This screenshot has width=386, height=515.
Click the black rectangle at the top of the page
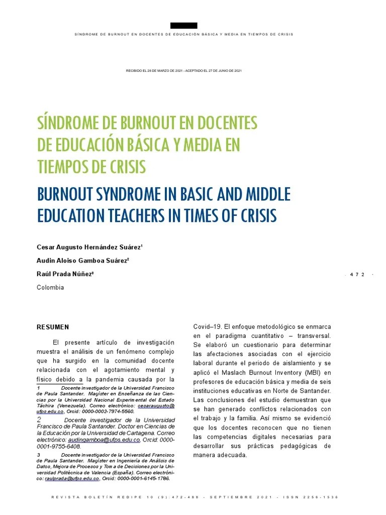(x=183, y=26)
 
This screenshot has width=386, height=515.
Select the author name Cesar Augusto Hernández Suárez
(x=89, y=247)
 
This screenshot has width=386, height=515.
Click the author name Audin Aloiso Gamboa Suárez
(x=82, y=261)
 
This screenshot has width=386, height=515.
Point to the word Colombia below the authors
(x=50, y=287)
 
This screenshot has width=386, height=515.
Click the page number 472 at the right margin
(x=357, y=274)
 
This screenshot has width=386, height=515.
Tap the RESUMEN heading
(x=53, y=327)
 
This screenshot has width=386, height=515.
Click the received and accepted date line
(x=183, y=70)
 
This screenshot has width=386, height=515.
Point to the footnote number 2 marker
(x=39, y=419)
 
